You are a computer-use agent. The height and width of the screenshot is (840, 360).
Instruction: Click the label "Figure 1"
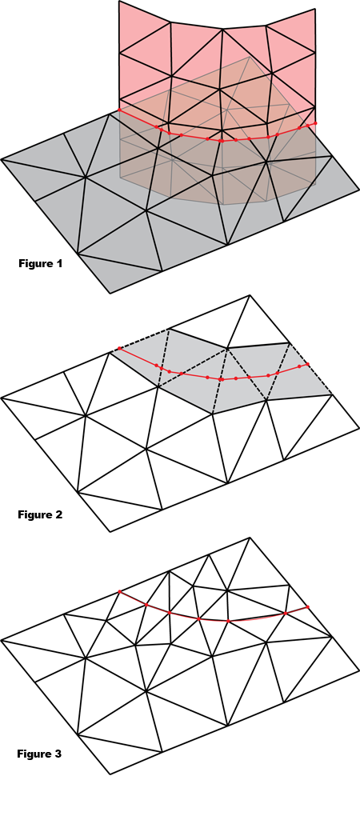tap(40, 263)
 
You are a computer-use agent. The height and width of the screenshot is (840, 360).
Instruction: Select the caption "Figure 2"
tap(40, 515)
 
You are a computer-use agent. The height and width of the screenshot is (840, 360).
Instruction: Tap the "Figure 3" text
tap(39, 754)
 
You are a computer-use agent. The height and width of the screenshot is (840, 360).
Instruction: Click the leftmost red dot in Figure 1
tap(119, 110)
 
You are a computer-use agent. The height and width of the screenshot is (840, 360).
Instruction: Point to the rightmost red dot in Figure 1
tap(315, 123)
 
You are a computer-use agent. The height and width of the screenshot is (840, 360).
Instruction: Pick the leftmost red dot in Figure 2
tap(119, 349)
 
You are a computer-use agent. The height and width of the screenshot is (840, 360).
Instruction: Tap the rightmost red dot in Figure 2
tap(307, 364)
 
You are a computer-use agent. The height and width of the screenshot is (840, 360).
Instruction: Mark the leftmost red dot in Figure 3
tap(119, 591)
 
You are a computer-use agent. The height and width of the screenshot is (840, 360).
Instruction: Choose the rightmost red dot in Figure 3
tap(307, 607)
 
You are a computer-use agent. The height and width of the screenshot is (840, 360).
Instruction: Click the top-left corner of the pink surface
tap(119, 2)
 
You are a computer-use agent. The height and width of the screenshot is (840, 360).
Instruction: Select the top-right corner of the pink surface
tap(315, 9)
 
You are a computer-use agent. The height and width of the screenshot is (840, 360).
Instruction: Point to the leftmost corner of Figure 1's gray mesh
tap(2, 159)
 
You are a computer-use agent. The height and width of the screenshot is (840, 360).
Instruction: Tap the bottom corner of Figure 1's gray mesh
tap(110, 293)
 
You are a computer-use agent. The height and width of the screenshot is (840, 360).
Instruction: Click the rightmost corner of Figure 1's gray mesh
tap(358, 189)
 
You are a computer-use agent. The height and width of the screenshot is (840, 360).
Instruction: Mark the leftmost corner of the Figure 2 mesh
tap(2, 398)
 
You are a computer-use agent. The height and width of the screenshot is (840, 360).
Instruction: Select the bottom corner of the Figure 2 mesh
tap(110, 531)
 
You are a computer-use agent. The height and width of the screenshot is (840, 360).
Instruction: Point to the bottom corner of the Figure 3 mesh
tap(110, 774)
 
